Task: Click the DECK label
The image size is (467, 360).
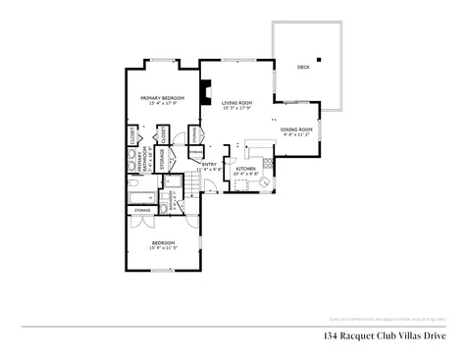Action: tap(303, 67)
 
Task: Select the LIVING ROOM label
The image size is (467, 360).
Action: tap(236, 102)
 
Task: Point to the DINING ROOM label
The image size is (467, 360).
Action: tap(296, 129)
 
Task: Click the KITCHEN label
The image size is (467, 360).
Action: tap(245, 169)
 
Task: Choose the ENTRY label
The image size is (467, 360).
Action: tap(209, 164)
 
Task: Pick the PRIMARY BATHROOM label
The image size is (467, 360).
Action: tap(140, 157)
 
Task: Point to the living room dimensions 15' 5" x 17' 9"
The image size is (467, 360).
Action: tap(236, 108)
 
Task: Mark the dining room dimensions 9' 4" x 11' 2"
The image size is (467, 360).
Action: tap(296, 135)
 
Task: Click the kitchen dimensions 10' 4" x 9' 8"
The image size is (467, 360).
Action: tap(245, 175)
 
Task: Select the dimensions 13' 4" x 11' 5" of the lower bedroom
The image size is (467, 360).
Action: tap(163, 247)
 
